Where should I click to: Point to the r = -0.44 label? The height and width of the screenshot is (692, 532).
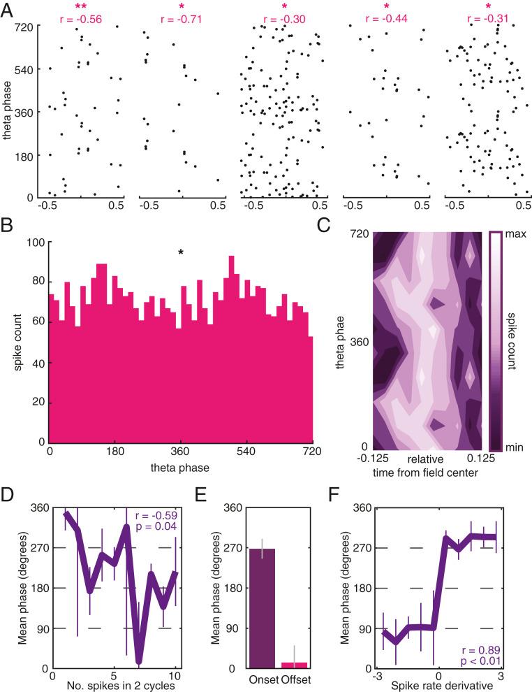(x=386, y=19)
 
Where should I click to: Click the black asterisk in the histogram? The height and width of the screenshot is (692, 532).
(x=181, y=252)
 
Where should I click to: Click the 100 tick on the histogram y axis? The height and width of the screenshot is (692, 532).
(x=35, y=243)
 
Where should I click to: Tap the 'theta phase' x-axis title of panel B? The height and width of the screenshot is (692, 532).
(x=181, y=466)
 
